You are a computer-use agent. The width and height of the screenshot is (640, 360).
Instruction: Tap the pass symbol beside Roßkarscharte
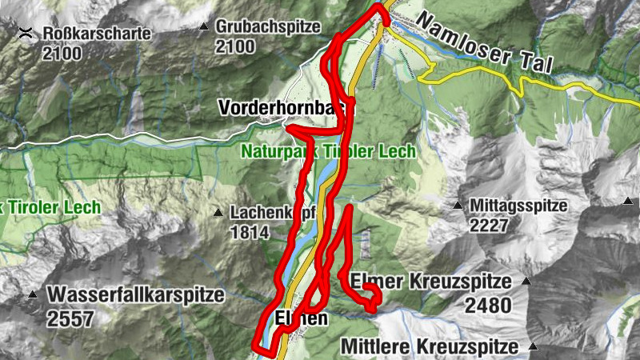click(26, 33)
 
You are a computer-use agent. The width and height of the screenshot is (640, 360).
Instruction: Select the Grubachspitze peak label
click(262, 27)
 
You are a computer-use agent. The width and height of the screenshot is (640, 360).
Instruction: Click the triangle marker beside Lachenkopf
click(218, 213)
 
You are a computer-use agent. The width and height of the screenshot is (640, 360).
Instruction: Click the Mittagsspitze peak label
click(518, 206)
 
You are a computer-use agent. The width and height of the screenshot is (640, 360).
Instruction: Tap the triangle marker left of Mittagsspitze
click(458, 206)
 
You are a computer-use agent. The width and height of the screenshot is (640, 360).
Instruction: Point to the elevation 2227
click(489, 225)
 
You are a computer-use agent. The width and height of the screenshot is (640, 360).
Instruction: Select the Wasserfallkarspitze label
click(135, 294)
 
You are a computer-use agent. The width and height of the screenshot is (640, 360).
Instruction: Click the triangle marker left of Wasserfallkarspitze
click(33, 294)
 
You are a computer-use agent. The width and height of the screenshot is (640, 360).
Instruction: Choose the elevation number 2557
click(70, 318)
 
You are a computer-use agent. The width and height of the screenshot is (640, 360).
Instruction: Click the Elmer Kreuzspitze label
click(430, 282)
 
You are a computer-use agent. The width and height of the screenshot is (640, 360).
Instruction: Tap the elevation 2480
click(486, 305)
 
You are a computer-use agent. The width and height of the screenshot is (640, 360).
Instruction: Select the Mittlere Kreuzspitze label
click(430, 347)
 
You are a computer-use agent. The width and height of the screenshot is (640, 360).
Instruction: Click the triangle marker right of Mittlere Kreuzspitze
click(532, 347)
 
